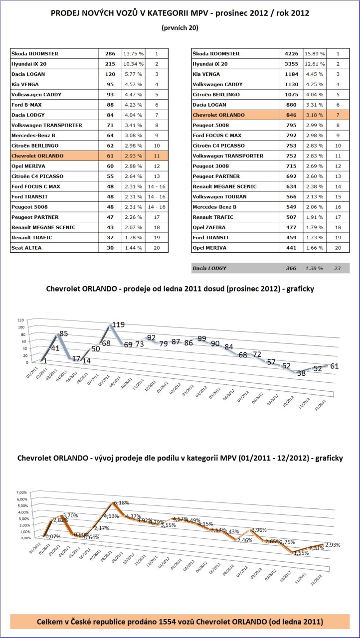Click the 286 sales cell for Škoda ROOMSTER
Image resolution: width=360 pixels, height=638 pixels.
110,53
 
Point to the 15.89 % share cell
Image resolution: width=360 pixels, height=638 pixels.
315,53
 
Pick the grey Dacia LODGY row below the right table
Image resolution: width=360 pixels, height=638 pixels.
270,268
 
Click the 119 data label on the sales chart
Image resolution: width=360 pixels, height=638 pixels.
118,325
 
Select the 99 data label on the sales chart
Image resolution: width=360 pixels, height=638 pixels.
201,339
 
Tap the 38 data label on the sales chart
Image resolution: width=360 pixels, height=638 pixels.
301,372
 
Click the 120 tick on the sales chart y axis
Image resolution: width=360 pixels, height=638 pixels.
20,319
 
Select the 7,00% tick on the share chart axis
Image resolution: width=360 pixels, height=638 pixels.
22,491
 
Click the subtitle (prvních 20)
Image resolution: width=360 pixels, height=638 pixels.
180,28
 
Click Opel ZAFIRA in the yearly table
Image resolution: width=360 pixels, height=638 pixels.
210,227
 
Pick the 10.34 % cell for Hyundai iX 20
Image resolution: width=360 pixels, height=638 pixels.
133,64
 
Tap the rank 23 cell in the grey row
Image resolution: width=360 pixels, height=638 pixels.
338,268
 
